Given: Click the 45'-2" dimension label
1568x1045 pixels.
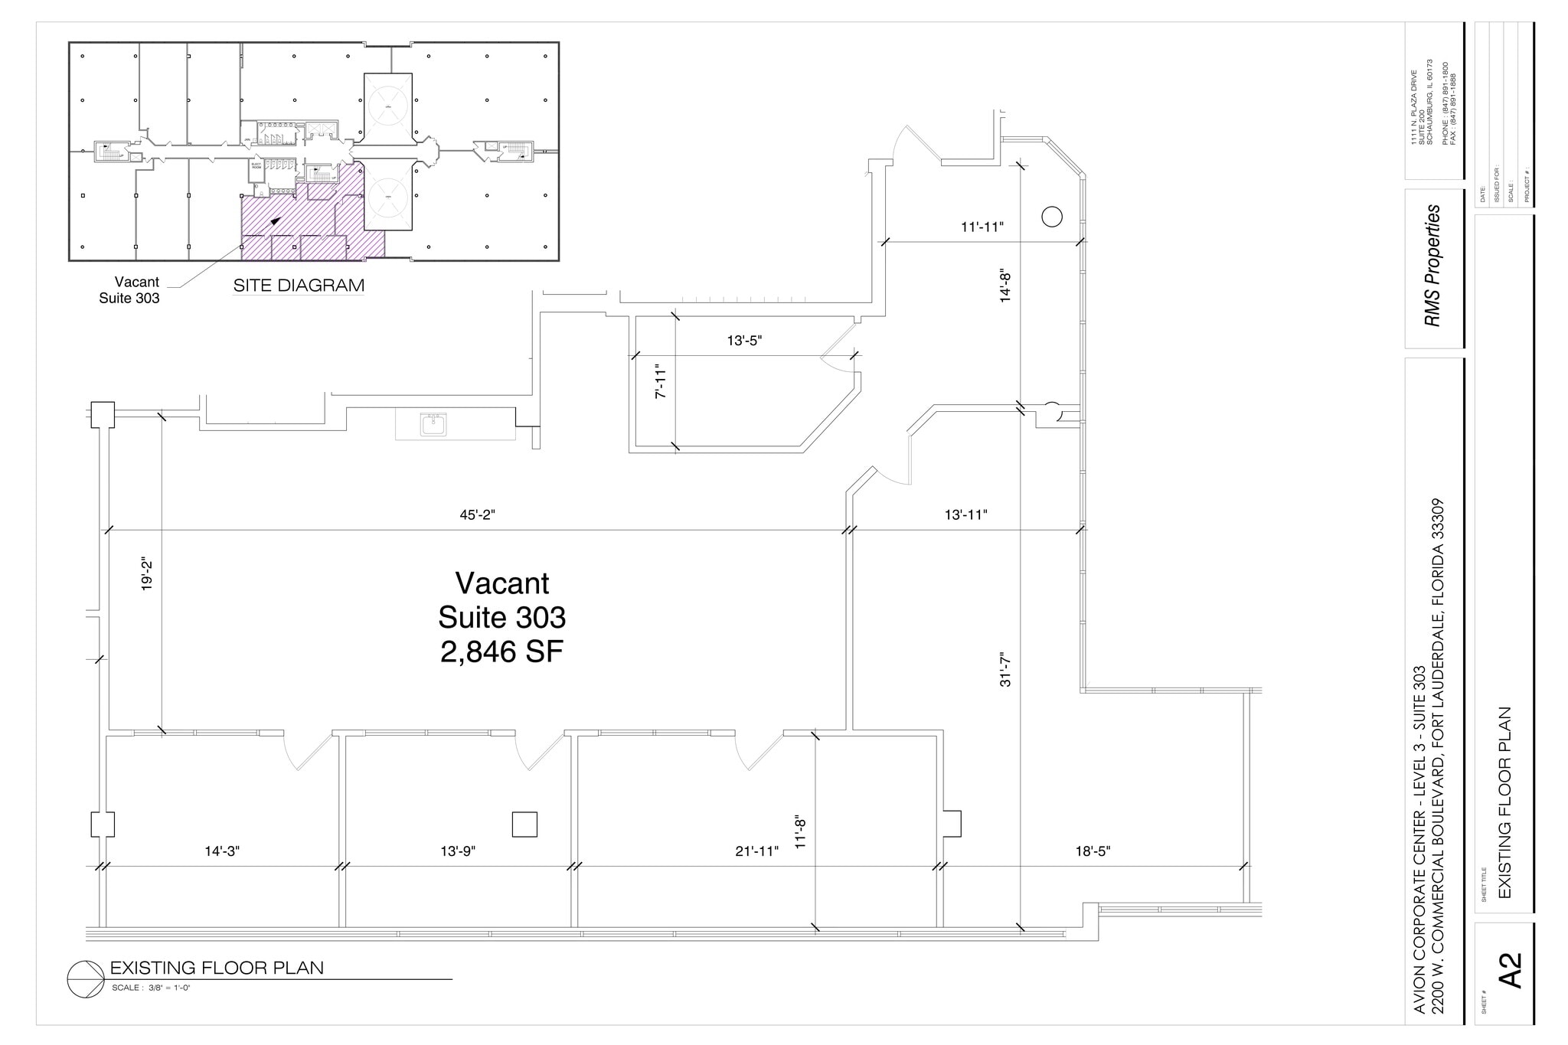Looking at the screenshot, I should (x=477, y=515).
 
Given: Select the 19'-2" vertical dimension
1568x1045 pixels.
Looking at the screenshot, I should (x=147, y=575).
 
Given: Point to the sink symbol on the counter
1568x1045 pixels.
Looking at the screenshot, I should (x=433, y=424).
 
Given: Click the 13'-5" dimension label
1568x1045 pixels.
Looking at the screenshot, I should (x=744, y=341).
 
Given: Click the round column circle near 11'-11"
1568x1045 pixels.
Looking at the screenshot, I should (x=1052, y=217).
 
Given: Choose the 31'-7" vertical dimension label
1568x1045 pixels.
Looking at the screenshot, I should (x=1005, y=669).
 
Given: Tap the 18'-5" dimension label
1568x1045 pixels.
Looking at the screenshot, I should (x=1093, y=851).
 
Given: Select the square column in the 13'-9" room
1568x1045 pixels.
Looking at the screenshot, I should (x=524, y=825).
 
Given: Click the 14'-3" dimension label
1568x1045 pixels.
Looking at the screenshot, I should (x=222, y=851).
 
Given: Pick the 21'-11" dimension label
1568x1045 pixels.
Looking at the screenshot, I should (x=756, y=851).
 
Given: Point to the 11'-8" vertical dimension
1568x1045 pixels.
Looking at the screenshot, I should (x=801, y=832).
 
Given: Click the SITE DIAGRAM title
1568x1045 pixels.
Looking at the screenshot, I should (x=299, y=286).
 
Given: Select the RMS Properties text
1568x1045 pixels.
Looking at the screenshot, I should (x=1432, y=266).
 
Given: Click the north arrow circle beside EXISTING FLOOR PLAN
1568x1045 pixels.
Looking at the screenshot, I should (x=85, y=979).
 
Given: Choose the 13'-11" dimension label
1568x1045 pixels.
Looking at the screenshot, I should (x=965, y=515).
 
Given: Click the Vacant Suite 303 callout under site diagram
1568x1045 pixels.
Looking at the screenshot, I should (x=129, y=290).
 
